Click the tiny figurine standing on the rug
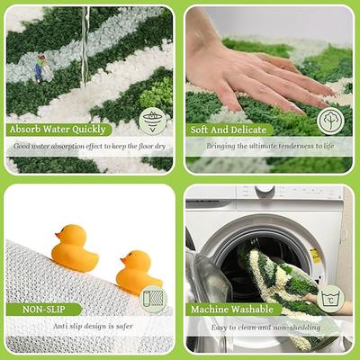click(x=40, y=68)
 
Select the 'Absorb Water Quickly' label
click(x=58, y=130)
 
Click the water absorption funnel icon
click(x=153, y=121)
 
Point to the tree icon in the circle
click(x=330, y=121)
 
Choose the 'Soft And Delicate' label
click(x=229, y=130)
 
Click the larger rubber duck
click(x=74, y=248)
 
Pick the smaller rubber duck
click(x=138, y=272)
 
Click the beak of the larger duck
click(x=58, y=235)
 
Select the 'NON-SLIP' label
click(x=44, y=310)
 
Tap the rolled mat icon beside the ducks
click(x=153, y=299)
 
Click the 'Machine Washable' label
click(x=232, y=310)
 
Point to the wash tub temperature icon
click(x=331, y=299)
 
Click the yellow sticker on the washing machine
click(x=315, y=256)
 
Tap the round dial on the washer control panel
click(x=265, y=190)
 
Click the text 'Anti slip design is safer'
click(x=93, y=326)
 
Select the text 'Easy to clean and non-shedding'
click(x=265, y=328)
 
